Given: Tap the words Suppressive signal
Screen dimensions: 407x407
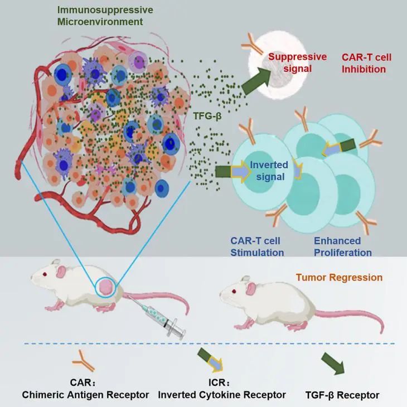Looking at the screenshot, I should click(x=289, y=62).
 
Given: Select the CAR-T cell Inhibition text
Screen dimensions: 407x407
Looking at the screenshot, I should click(x=363, y=62).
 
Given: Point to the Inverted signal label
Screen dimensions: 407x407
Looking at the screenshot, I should click(x=269, y=171).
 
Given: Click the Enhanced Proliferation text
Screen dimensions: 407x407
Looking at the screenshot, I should click(x=342, y=246).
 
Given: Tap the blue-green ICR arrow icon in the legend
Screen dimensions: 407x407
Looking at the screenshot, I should click(x=211, y=361).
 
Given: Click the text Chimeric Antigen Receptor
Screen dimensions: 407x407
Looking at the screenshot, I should click(x=85, y=395).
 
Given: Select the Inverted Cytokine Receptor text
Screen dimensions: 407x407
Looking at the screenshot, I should click(x=222, y=395).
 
